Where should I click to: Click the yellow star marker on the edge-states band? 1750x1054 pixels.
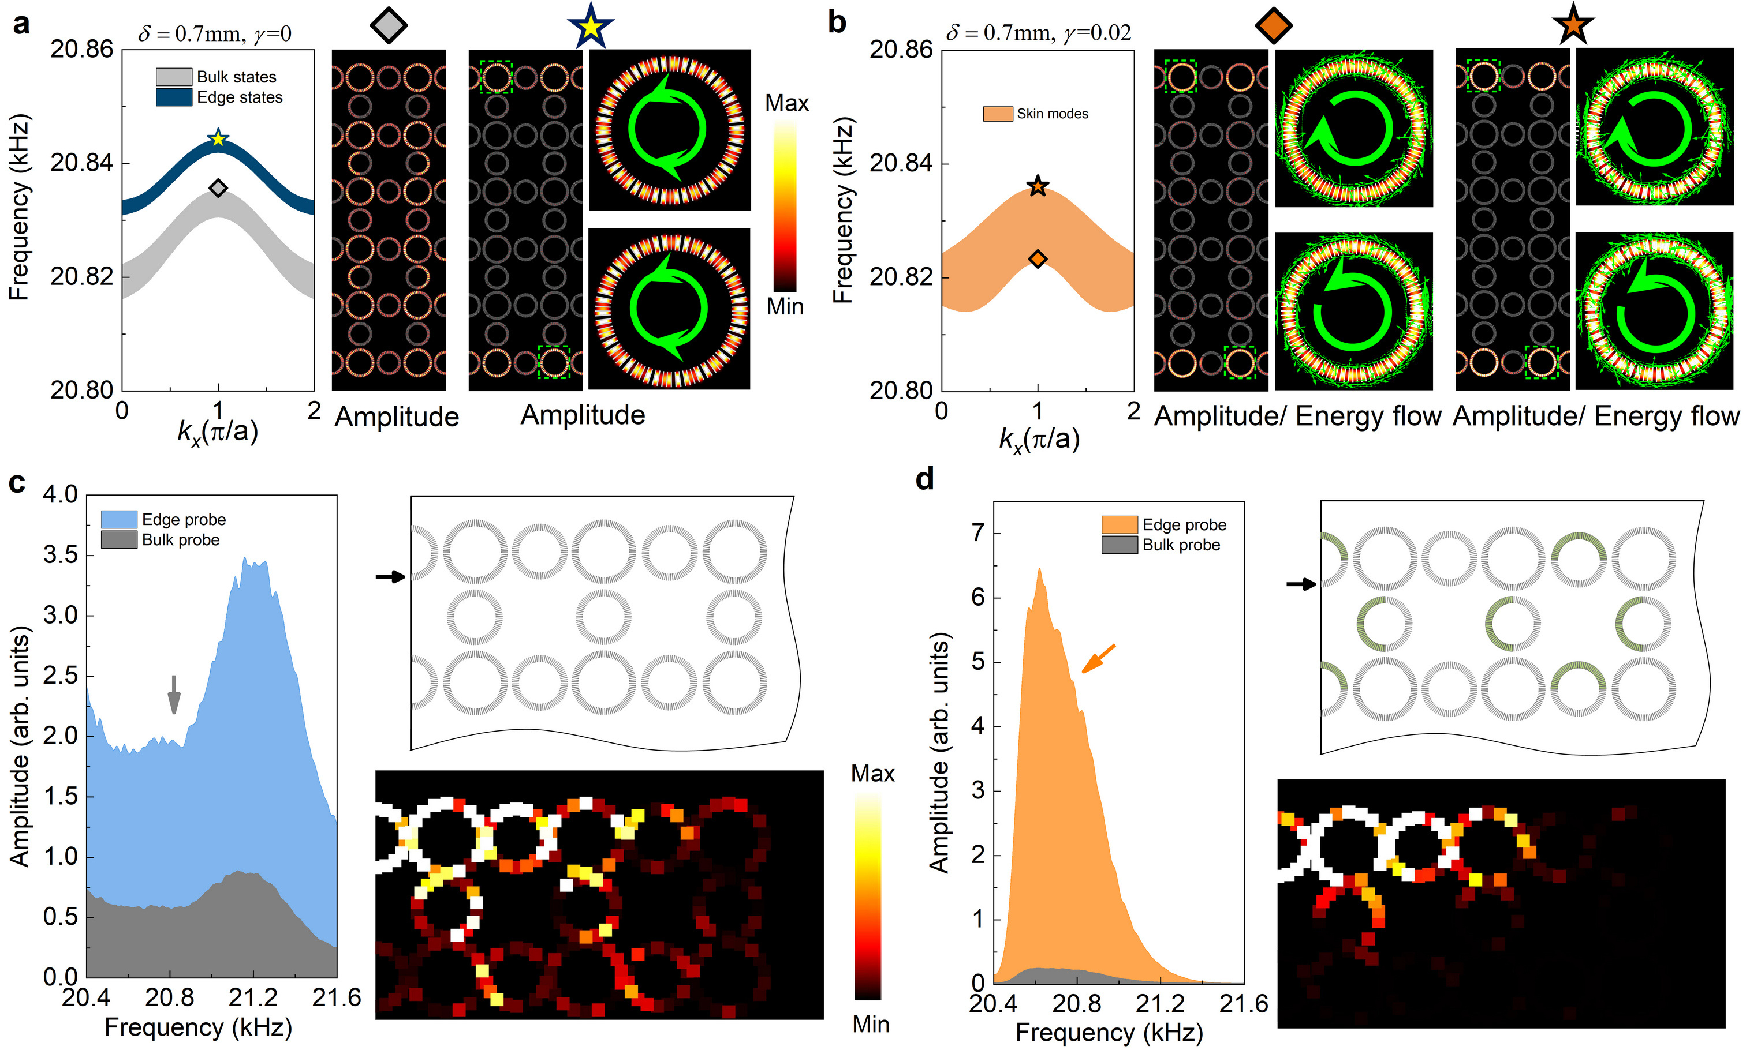coord(218,138)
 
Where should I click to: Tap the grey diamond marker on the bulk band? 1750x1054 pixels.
coord(218,188)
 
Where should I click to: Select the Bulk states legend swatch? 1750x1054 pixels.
coord(174,77)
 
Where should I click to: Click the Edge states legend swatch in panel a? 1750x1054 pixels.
coord(174,97)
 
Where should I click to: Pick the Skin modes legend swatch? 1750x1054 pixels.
coord(997,114)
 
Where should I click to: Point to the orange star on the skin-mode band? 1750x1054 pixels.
coord(1038,186)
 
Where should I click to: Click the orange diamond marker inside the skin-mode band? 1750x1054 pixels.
coord(1038,259)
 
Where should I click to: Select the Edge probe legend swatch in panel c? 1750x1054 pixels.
coord(118,519)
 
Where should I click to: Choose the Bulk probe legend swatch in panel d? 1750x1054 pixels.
coord(1120,545)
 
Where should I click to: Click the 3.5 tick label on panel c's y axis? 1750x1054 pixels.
coord(61,554)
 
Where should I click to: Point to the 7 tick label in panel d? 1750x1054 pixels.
coord(978,532)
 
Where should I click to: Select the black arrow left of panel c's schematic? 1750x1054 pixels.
coord(390,577)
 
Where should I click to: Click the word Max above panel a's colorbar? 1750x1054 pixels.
coord(786,104)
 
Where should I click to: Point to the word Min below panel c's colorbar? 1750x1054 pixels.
coord(871,1024)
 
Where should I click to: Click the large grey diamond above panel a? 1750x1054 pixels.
coord(389,25)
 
